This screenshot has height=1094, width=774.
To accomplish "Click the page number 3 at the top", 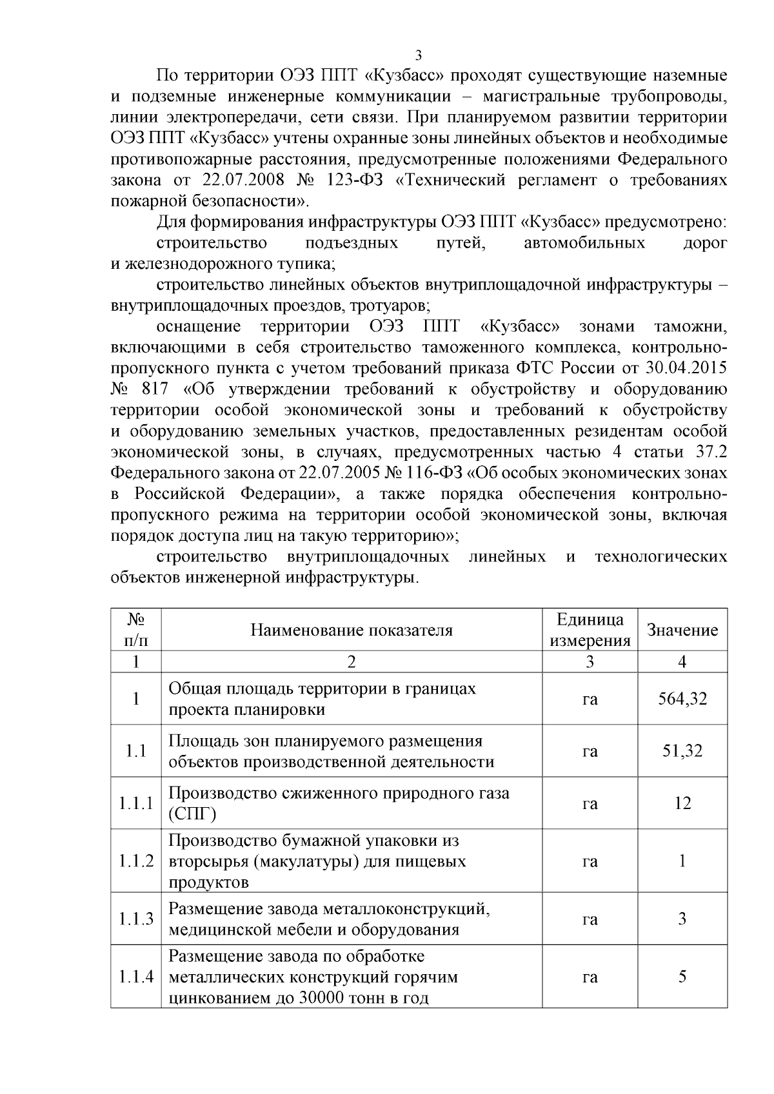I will (x=419, y=54).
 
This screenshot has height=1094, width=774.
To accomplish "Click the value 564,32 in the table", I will (x=682, y=699).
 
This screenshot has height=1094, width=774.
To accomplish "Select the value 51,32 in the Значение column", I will (x=682, y=751).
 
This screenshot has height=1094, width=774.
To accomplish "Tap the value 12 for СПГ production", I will (x=682, y=803).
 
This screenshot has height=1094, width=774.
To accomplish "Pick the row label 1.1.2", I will (x=136, y=861).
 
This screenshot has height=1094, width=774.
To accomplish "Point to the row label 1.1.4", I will (x=136, y=977).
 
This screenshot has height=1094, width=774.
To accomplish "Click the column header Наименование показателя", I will (x=352, y=630).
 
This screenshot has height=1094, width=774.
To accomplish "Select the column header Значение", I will (x=682, y=630).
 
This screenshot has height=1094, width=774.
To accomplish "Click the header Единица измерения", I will (x=590, y=630).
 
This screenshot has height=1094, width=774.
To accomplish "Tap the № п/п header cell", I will (x=136, y=630).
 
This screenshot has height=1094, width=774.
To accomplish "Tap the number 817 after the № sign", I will (x=154, y=389).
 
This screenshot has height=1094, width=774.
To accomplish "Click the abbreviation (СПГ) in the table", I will (x=192, y=814).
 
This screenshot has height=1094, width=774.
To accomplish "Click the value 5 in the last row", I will (x=682, y=977).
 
